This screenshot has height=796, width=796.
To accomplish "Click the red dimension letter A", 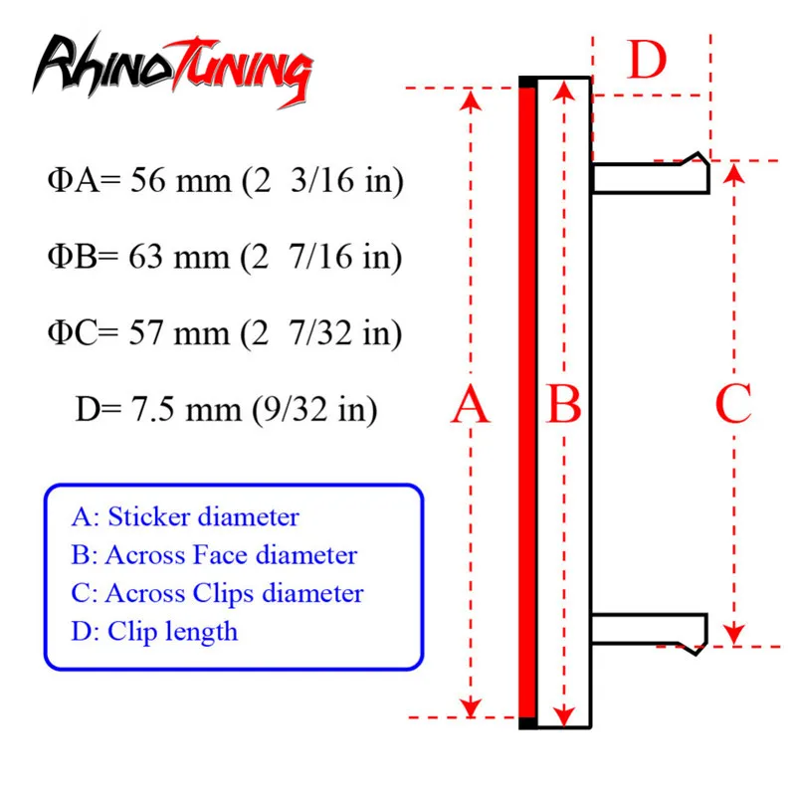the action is click(x=471, y=406).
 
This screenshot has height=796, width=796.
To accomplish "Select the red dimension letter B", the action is click(x=564, y=406).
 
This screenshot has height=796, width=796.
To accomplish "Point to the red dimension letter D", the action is click(x=648, y=61).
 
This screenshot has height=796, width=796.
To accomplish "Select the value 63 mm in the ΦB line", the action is click(x=180, y=259).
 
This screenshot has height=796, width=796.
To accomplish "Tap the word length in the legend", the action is click(x=205, y=631).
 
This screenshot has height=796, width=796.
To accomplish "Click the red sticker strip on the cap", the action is click(x=528, y=406).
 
